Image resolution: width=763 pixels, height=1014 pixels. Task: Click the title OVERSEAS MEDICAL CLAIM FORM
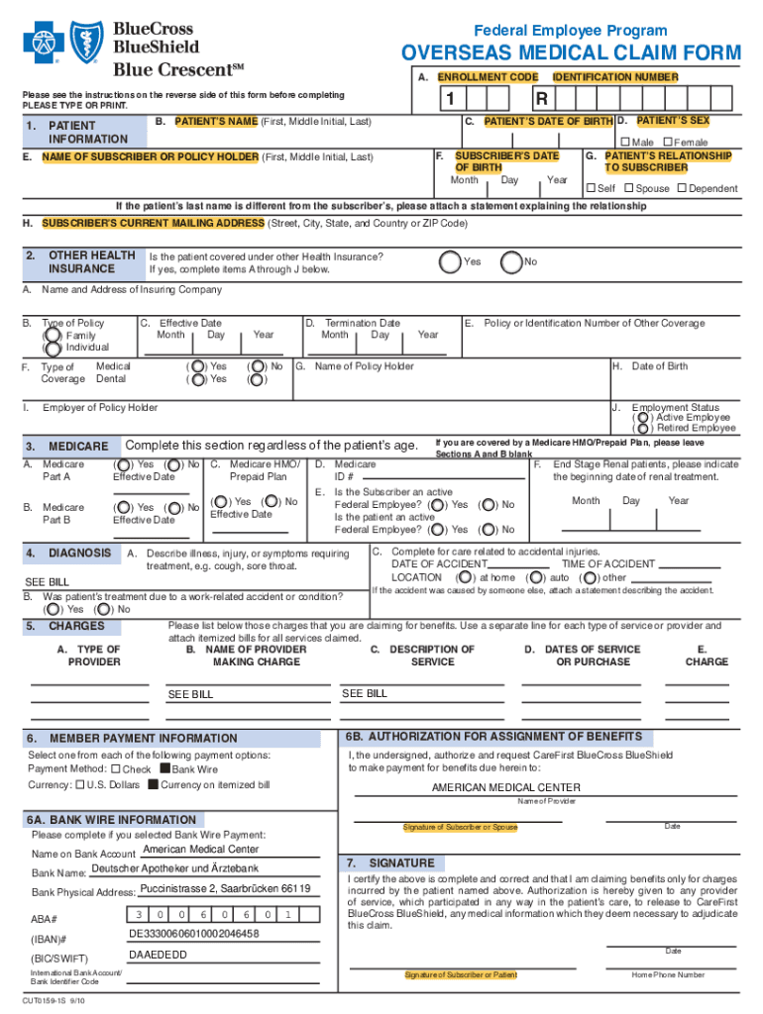570,52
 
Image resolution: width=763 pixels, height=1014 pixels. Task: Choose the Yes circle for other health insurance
450,261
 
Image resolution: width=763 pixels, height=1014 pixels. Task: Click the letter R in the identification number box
541,100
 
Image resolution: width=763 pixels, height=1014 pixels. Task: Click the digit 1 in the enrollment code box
450,100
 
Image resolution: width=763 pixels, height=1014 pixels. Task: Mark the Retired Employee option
639,429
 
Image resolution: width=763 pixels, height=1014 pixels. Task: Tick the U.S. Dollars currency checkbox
79,785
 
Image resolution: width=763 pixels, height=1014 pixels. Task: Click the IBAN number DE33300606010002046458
194,934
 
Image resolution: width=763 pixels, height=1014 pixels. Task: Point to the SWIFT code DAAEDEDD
159,956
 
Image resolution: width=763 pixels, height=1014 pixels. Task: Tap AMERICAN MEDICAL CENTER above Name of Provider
505,788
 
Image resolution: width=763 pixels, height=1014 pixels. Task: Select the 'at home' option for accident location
463,577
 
